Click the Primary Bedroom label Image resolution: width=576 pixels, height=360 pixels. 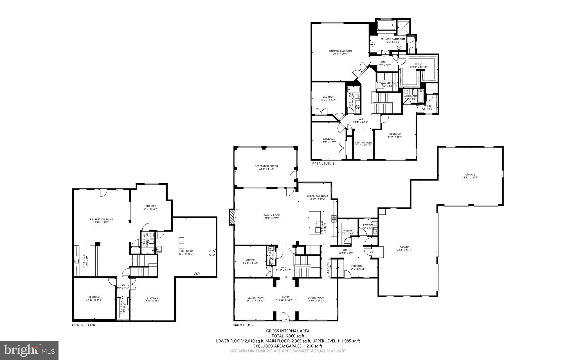pyautogui.click(x=340, y=52)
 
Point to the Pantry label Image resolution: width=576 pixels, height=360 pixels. pyautogui.click(x=348, y=232)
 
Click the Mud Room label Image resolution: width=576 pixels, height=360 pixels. pyautogui.click(x=357, y=267)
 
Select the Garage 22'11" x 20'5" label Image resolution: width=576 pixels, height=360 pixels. pyautogui.click(x=470, y=176)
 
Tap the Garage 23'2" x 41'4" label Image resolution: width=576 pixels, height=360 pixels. pyautogui.click(x=404, y=248)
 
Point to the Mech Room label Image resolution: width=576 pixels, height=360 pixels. pyautogui.click(x=186, y=252)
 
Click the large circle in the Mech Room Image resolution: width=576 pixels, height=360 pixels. pyautogui.click(x=212, y=253)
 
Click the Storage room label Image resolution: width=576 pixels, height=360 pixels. pyautogui.click(x=152, y=299)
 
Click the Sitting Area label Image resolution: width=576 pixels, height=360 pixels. pyautogui.click(x=363, y=144)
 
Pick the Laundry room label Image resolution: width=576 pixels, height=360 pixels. pyautogui.click(x=387, y=84)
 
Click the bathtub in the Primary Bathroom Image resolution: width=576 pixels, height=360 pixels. pyautogui.click(x=386, y=26)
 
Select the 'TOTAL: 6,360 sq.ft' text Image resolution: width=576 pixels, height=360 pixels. pyautogui.click(x=288, y=336)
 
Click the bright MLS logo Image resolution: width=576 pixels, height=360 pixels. pyautogui.click(x=29, y=350)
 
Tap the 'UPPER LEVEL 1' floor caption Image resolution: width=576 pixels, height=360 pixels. pyautogui.click(x=322, y=164)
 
